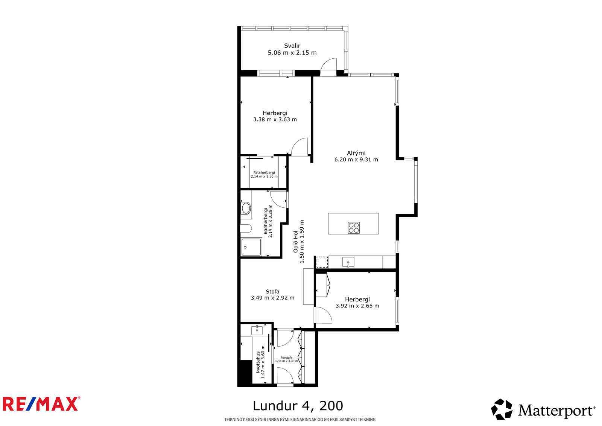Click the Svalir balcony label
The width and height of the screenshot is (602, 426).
pos(292,46)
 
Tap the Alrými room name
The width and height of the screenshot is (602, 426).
pos(356,153)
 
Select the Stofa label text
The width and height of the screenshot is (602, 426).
pos(272,291)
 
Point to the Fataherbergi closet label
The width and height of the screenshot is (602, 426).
pos(264,173)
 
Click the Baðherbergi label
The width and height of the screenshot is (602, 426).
pos(266,221)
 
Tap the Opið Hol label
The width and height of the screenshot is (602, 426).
pos(296,242)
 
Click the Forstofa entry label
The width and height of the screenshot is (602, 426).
pos(286,358)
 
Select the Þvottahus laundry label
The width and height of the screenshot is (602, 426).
pos(258,362)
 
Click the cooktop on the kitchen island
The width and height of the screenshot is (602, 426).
pos(354,228)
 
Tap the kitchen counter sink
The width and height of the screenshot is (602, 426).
pos(348,262)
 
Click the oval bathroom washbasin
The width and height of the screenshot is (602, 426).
pos(246,208)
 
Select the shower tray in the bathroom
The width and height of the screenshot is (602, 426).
pos(251,247)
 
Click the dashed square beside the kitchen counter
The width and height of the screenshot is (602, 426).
pos(322,262)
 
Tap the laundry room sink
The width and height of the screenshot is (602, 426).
pos(257,330)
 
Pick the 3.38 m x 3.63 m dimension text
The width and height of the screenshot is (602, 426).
pos(275,120)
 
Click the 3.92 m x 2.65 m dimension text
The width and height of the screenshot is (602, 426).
pos(357,306)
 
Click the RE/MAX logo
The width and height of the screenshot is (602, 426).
pos(41,404)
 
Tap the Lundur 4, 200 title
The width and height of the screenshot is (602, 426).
pos(298,406)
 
